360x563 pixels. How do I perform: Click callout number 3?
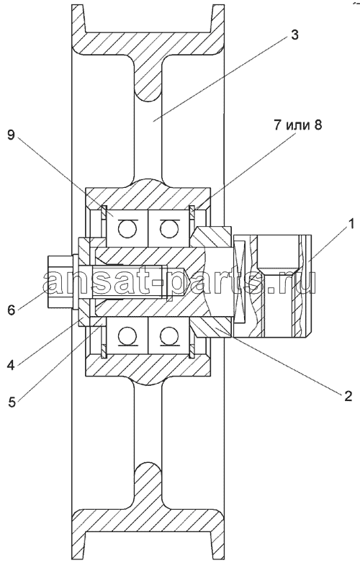click(294, 35)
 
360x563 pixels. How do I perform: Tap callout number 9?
click(12, 135)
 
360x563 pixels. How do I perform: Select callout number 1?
click(352, 224)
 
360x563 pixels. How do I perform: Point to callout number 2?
click(348, 395)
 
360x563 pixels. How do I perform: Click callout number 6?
click(12, 309)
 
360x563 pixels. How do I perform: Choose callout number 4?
click(12, 366)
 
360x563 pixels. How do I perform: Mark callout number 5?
click(12, 402)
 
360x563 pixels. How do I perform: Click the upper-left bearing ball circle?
click(127, 229)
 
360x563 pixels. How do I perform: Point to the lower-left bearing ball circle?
click(127, 336)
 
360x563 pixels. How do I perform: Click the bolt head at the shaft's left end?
click(60, 281)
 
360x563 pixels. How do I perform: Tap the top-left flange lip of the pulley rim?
click(78, 19)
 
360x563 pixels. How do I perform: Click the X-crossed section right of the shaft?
click(240, 281)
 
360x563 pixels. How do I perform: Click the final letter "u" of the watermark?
click(306, 284)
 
